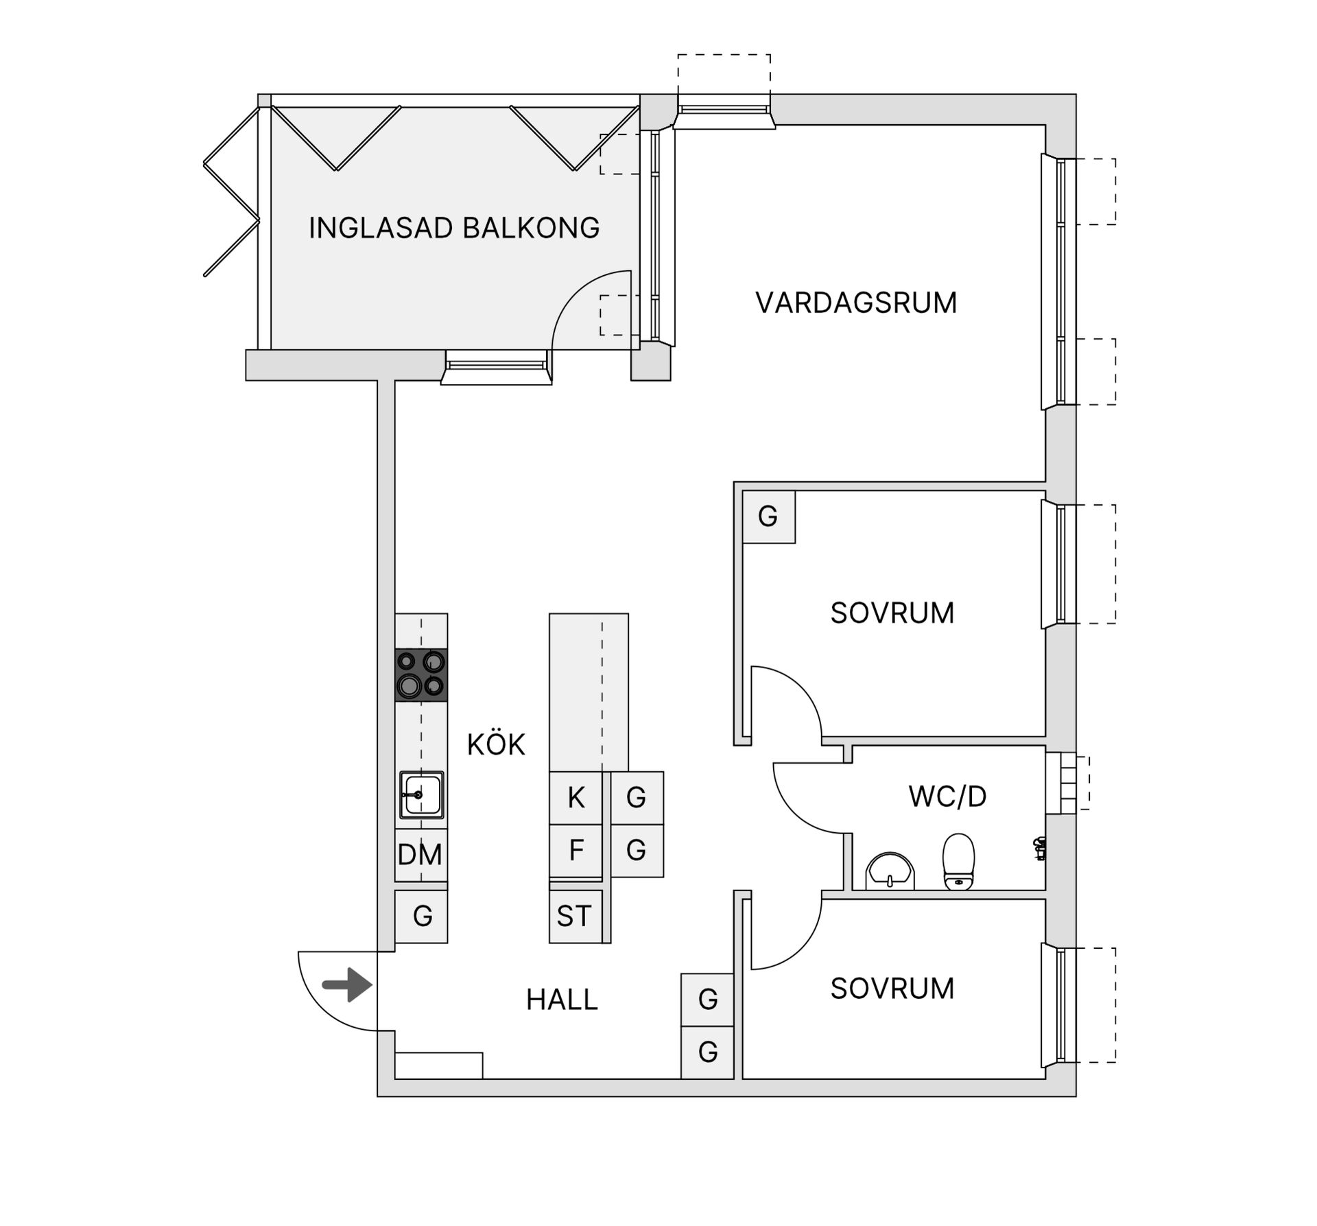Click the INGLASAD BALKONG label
[x=453, y=228]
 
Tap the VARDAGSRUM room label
[x=855, y=303]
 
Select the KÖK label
[x=495, y=744]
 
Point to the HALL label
[x=562, y=1000]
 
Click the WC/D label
[x=947, y=797]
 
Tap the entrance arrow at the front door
[x=348, y=985]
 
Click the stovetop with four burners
[x=421, y=674]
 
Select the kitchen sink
[x=421, y=795]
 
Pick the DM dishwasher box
[x=420, y=855]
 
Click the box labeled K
[x=576, y=797]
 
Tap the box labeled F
[x=576, y=850]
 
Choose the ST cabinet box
[x=574, y=916]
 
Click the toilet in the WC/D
[x=958, y=862]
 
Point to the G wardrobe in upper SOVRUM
[x=768, y=517]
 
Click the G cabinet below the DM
[x=422, y=916]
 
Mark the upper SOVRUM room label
[x=892, y=613]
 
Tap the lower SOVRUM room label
[x=892, y=989]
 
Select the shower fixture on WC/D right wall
[x=1040, y=849]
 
